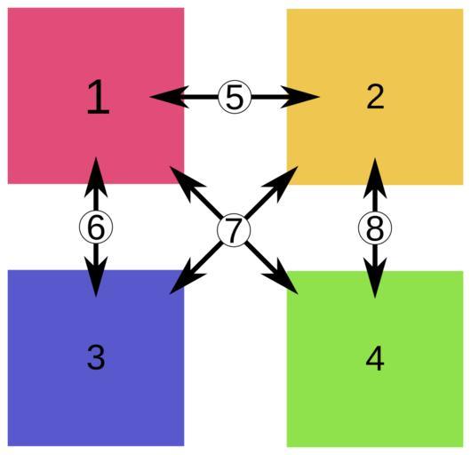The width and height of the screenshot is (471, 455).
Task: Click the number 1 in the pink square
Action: pyautogui.click(x=98, y=97)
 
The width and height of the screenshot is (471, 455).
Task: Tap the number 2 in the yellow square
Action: pyautogui.click(x=375, y=97)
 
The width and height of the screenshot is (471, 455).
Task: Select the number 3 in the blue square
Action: pyautogui.click(x=96, y=357)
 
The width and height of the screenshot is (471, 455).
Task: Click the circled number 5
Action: pyautogui.click(x=235, y=97)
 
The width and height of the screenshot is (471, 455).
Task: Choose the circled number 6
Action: pyautogui.click(x=96, y=227)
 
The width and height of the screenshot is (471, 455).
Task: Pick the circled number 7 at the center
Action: pyautogui.click(x=234, y=230)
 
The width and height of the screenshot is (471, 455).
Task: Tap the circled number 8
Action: pyautogui.click(x=375, y=228)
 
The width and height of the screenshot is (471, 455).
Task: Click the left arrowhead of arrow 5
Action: pyautogui.click(x=170, y=97)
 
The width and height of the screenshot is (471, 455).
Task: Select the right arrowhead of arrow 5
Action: pyautogui.click(x=299, y=97)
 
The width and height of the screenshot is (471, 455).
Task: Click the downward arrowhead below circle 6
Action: pyautogui.click(x=96, y=277)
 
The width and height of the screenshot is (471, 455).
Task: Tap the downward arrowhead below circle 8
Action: pyautogui.click(x=375, y=278)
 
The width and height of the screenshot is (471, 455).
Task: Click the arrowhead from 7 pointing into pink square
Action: pyautogui.click(x=187, y=182)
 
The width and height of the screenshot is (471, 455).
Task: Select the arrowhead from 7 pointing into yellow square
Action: pyautogui.click(x=281, y=183)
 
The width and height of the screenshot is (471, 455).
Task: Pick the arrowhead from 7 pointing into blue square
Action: pyautogui.click(x=187, y=277)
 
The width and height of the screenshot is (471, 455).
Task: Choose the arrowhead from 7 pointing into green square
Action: pyautogui.click(x=281, y=277)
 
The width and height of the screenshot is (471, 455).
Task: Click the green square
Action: pyautogui.click(x=375, y=359)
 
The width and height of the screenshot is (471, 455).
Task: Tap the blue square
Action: pyautogui.click(x=96, y=358)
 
